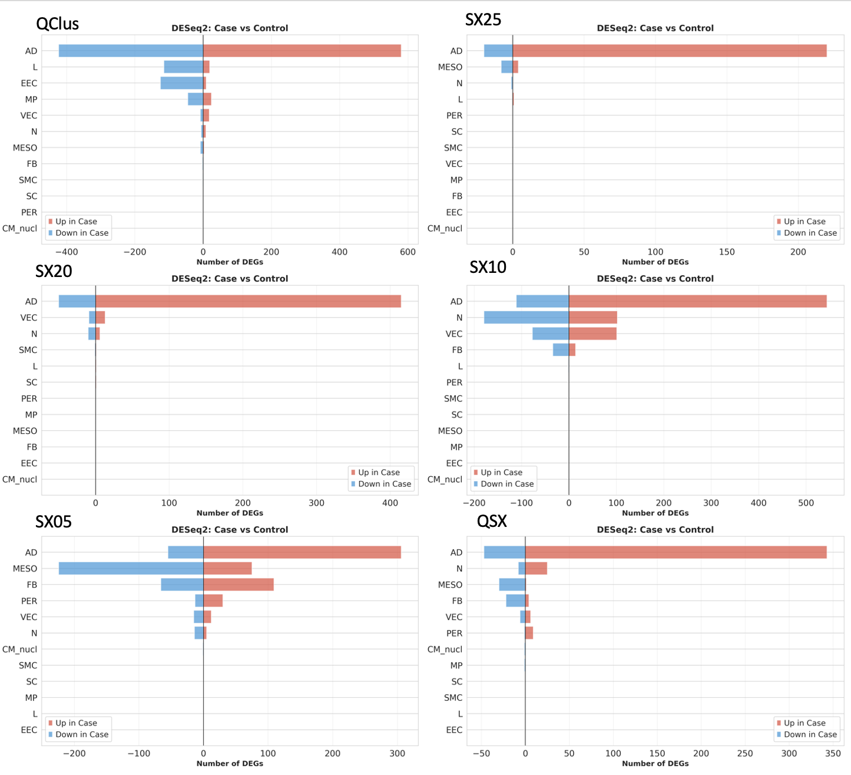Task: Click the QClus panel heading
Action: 57,24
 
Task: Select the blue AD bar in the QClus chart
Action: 131,51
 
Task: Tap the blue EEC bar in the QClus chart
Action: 181,83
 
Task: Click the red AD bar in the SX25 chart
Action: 669,51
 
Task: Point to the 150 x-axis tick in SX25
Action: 727,252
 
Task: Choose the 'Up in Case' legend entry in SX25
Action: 804,222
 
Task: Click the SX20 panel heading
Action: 54,271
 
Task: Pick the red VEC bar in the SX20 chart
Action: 100,318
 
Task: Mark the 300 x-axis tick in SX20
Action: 316,503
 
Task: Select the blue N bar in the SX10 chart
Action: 526,318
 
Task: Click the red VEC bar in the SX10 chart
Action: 592,334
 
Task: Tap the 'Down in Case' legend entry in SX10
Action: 507,484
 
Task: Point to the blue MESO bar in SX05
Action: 131,568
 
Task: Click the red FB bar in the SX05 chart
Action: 239,585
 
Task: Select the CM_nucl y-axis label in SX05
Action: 20,649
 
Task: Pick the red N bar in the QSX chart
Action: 536,568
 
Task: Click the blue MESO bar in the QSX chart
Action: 512,585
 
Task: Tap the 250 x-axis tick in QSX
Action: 745,753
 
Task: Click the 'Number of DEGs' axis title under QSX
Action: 655,764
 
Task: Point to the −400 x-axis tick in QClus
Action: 67,252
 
